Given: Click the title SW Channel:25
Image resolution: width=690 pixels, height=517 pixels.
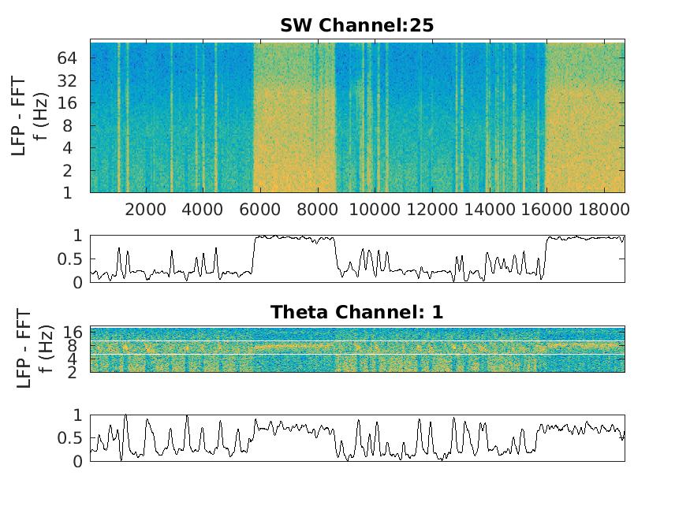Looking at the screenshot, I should (356, 26).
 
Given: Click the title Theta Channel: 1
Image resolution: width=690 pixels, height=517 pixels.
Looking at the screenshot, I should (356, 312).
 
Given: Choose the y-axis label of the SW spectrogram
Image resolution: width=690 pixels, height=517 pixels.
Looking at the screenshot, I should (28, 117).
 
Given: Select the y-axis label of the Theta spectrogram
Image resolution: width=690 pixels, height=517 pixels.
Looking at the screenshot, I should (28, 349).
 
